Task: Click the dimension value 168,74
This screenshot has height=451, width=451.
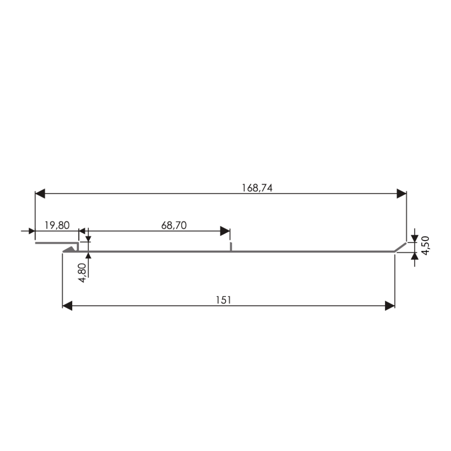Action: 257,188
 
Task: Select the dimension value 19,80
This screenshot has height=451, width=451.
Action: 57,225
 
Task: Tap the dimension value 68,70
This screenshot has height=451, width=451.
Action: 174,225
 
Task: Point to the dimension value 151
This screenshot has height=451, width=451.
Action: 223,300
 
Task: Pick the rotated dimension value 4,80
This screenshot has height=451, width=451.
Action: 82,273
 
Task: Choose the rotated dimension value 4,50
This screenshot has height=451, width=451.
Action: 425,245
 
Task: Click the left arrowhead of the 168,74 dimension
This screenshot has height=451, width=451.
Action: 40,194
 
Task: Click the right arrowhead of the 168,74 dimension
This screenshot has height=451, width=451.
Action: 402,194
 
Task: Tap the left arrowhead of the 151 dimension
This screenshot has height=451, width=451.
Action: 67,306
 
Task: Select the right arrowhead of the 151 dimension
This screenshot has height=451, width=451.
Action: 390,306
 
